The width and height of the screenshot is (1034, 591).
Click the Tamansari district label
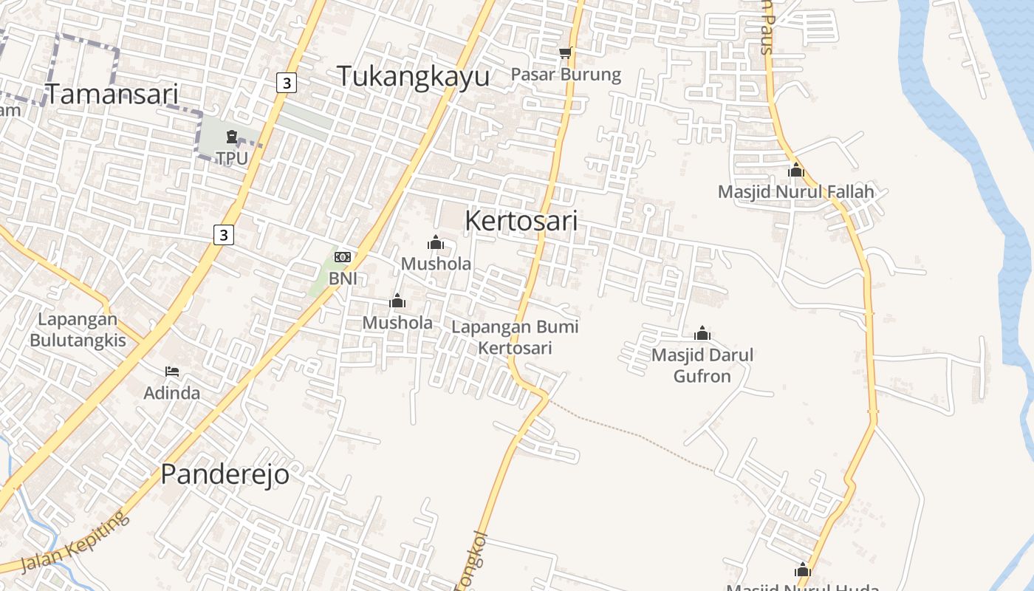click(x=112, y=94)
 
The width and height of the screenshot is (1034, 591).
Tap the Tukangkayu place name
click(x=414, y=76)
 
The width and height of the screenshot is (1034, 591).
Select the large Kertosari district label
click(x=521, y=220)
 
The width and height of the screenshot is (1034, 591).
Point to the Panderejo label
click(x=225, y=474)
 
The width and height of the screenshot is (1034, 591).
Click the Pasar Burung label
click(x=566, y=75)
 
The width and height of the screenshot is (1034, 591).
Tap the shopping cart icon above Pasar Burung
click(x=566, y=52)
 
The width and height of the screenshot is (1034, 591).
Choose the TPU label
click(x=232, y=158)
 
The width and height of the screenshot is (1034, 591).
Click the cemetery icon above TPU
click(x=232, y=137)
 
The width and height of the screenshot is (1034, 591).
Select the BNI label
click(x=343, y=279)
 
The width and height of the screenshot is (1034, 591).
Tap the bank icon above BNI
click(x=343, y=257)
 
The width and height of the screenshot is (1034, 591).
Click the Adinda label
click(x=172, y=393)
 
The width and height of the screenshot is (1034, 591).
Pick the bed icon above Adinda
click(x=172, y=372)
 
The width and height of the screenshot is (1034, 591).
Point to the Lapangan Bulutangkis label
click(x=78, y=330)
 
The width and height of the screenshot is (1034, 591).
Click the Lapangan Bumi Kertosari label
click(x=515, y=337)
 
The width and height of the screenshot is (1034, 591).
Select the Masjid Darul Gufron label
click(x=702, y=366)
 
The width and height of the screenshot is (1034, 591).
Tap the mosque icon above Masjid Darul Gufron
click(x=702, y=334)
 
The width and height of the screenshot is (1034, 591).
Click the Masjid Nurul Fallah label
click(x=795, y=192)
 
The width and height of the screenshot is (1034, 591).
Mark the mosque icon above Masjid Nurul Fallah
click(x=795, y=171)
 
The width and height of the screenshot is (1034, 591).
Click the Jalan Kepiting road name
click(x=74, y=542)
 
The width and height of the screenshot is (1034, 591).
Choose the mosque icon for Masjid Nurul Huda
click(x=803, y=570)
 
